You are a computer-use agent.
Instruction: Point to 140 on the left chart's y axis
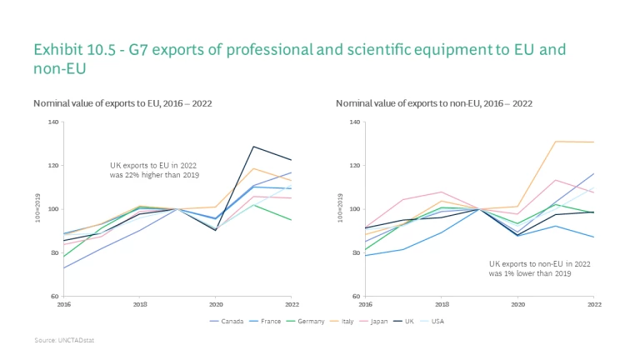[53, 122]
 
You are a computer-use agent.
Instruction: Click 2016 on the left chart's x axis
[64, 304]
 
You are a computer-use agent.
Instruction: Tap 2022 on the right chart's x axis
[593, 304]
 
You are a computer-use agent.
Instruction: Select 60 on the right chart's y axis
[357, 296]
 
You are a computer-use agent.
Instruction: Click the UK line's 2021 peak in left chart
[252, 147]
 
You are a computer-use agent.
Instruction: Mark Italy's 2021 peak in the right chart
[555, 142]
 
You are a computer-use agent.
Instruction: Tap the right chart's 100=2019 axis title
[340, 209]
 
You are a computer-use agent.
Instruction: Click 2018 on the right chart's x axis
[442, 304]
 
